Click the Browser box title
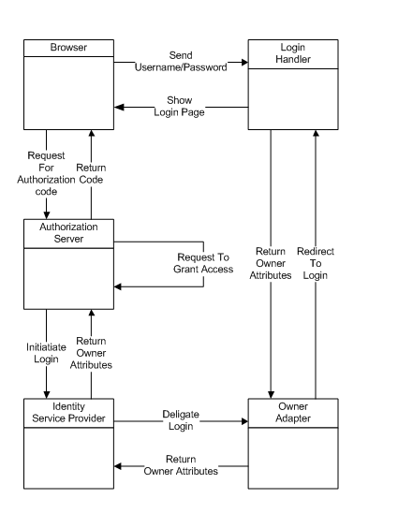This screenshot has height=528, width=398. pos(68,47)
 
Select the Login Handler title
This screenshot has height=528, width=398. pos(293,53)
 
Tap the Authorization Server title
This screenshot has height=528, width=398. pos(68,233)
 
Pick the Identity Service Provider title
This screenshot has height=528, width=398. pos(68,412)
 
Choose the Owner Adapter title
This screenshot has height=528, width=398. pos(293,412)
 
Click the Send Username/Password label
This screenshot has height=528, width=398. pos(181,61)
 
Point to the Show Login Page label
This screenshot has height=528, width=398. pos(180,106)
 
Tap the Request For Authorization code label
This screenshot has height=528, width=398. pos(46,173)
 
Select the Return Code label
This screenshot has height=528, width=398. pos(91,173)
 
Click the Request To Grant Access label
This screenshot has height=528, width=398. pos(203,263)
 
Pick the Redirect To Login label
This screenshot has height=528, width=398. pos(316,263)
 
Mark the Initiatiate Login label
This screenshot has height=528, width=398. pos(46,353)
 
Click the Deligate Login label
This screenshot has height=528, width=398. pos(181,420)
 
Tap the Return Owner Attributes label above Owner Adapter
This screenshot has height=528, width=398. pos(271,263)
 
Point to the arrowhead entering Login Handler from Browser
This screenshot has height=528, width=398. pos(244,63)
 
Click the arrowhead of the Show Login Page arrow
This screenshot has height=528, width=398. pos(118,107)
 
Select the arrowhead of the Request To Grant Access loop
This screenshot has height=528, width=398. pos(118,286)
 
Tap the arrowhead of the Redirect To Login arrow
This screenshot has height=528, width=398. pos(316,133)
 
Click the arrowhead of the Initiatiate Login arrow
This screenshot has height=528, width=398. pos(47,395)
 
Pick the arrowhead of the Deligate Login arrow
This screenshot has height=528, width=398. pos(244,421)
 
